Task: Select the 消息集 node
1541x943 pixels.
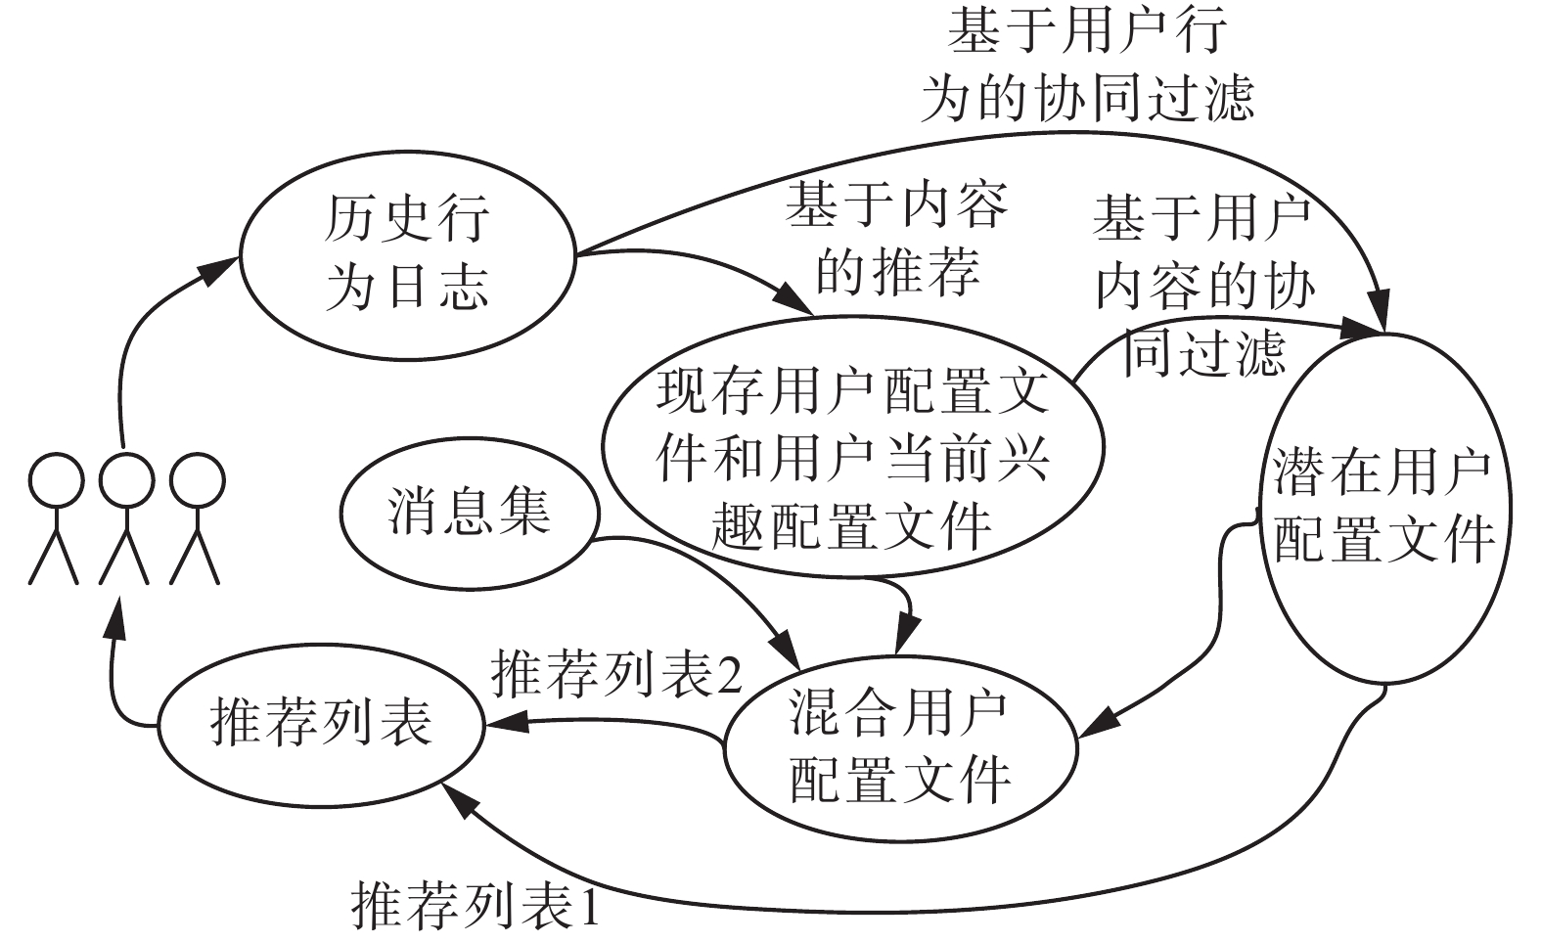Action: (468, 512)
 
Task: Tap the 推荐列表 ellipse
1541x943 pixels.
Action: (320, 725)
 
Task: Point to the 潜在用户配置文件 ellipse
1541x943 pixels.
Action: (1381, 507)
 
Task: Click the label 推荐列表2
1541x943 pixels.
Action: (616, 673)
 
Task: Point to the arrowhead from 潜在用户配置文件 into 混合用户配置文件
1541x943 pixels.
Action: (1096, 726)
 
